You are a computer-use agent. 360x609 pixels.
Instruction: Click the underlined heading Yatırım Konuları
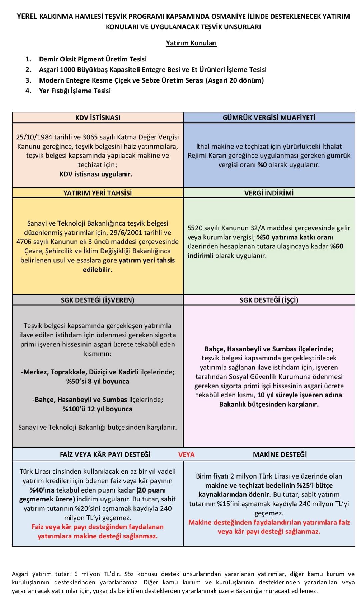pos(191,43)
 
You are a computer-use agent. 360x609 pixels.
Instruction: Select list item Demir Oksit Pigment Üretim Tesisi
pos(93,59)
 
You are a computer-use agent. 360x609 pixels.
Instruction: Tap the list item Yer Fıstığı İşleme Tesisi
pos(75,91)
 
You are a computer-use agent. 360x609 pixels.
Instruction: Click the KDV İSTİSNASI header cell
pos(98,118)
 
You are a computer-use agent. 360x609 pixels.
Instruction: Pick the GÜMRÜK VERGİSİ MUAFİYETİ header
pos(269,118)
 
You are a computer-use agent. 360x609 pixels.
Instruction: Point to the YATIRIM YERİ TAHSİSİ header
pos(98,193)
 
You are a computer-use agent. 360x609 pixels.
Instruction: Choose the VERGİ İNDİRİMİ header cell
pos(269,193)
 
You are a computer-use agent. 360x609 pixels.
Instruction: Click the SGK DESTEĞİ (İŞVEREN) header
pos(98,300)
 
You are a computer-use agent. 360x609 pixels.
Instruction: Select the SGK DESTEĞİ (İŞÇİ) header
pos(269,300)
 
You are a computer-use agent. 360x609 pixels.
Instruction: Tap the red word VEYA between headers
pos(186,455)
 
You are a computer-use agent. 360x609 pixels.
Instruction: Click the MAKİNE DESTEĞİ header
pos(280,455)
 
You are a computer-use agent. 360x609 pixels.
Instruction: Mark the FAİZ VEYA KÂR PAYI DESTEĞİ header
pos(105,455)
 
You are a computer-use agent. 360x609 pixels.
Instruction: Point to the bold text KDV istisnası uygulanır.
pos(96,174)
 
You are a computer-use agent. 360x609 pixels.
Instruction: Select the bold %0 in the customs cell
pos(262,165)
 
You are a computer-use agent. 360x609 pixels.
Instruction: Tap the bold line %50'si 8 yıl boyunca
pos(98,381)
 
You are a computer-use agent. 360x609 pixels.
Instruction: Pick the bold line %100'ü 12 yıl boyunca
pos(98,409)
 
